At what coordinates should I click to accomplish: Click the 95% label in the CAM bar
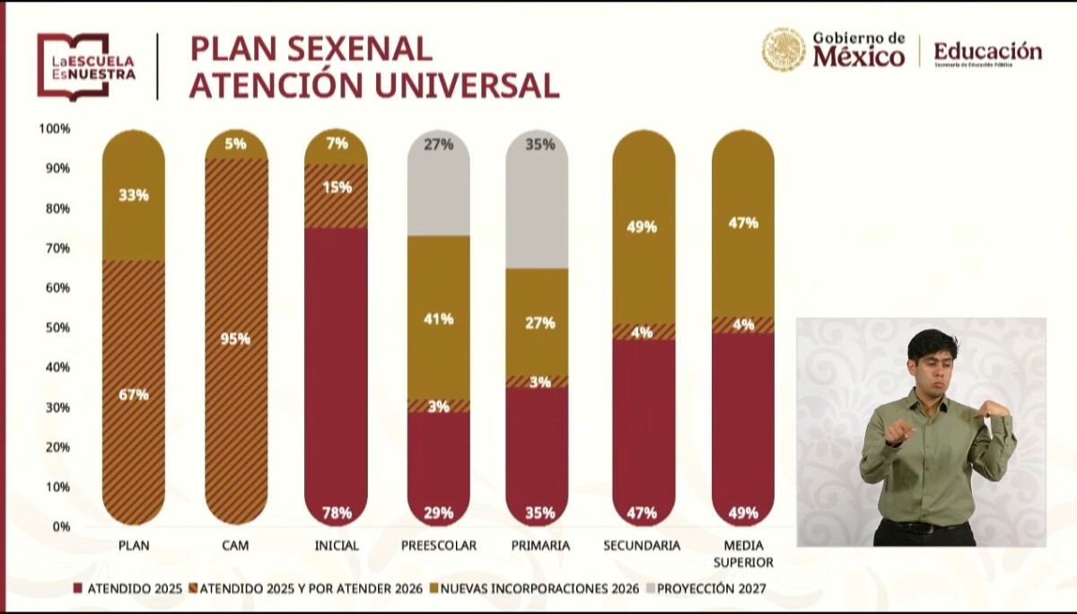click(x=237, y=339)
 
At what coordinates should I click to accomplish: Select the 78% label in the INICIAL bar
click(x=337, y=513)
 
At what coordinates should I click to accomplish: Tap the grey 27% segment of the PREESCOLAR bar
click(x=439, y=184)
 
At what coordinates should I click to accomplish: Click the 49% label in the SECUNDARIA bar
click(x=643, y=227)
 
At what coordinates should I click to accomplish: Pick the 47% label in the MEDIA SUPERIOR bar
click(x=743, y=223)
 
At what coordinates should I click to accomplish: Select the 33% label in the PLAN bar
click(x=133, y=195)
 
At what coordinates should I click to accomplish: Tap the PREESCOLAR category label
click(x=439, y=546)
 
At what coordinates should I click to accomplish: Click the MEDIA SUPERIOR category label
click(x=742, y=554)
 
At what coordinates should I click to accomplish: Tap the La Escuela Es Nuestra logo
click(x=86, y=66)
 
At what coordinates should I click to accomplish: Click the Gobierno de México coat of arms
click(x=783, y=50)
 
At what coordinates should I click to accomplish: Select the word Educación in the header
click(x=987, y=51)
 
